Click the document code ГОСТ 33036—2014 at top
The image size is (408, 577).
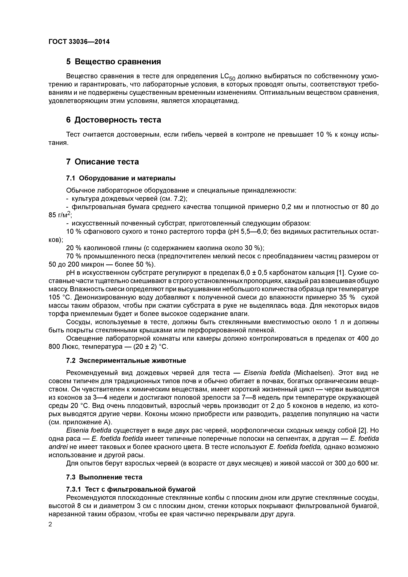[79, 42]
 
